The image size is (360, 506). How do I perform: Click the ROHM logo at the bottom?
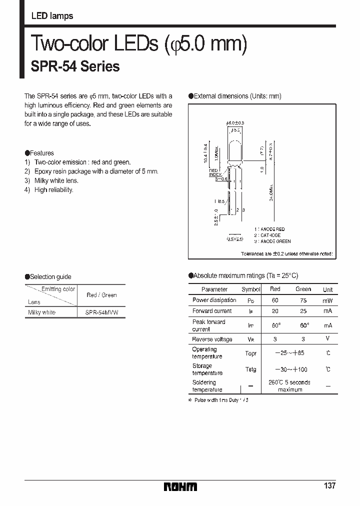[180, 486]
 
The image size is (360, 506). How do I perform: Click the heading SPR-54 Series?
[75, 66]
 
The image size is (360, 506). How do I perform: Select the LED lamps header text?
[52, 16]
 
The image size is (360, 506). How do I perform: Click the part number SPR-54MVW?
[102, 312]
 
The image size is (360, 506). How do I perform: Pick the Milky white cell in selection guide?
[41, 312]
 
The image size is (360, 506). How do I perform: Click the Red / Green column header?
[101, 295]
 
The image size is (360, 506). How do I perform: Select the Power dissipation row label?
[214, 300]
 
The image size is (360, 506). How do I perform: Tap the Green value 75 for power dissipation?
[303, 300]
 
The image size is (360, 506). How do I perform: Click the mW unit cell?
[328, 300]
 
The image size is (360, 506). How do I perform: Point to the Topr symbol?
[251, 353]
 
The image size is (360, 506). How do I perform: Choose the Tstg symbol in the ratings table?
[251, 369]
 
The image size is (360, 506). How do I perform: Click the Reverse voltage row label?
[212, 339]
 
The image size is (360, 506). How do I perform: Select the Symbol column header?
[251, 289]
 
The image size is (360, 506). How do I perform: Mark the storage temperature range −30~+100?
[291, 369]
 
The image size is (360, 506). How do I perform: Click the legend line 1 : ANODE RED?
[272, 229]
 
